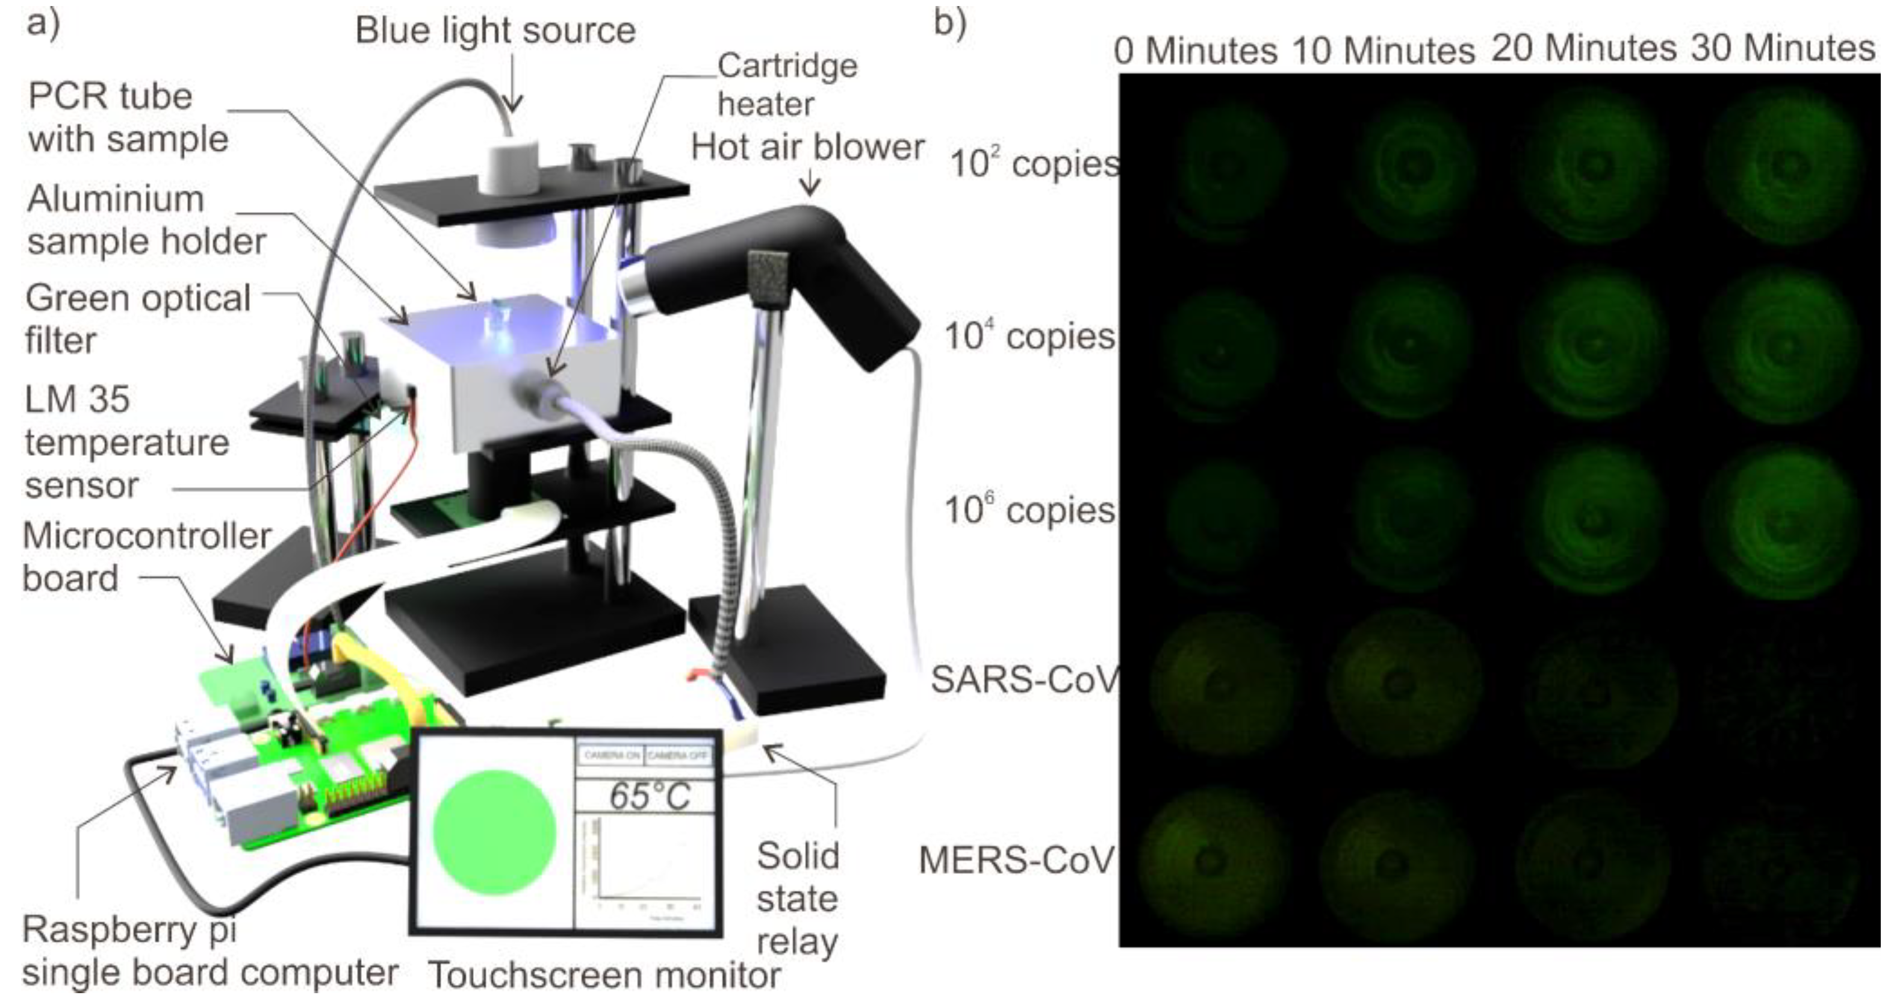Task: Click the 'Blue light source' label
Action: (x=495, y=31)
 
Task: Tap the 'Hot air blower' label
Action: (x=807, y=148)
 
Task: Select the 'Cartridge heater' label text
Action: (x=786, y=85)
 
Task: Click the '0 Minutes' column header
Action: (x=1196, y=51)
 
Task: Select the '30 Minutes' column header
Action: (x=1783, y=48)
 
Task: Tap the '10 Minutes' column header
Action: (x=1383, y=51)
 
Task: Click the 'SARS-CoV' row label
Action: (x=1025, y=680)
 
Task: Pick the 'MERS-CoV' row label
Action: (x=1017, y=860)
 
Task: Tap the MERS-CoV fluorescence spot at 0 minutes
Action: (x=1211, y=859)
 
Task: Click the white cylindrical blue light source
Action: (x=511, y=169)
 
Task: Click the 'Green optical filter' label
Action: (x=138, y=319)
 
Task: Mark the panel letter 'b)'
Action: (x=950, y=22)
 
